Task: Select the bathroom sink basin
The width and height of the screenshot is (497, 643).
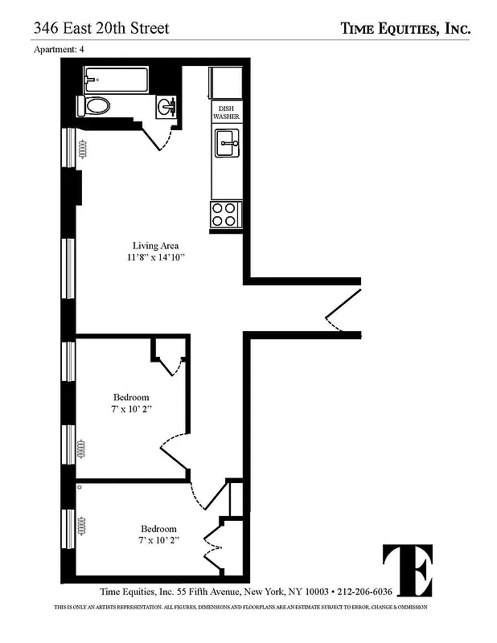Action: (168, 106)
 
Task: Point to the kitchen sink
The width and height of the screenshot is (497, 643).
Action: (227, 147)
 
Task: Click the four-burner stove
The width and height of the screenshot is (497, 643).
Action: (225, 214)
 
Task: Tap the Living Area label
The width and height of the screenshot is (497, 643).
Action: (155, 245)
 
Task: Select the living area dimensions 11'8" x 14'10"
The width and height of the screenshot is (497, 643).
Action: (155, 258)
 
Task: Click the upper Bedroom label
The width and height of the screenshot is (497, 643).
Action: (131, 397)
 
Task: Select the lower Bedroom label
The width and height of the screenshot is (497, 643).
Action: (158, 528)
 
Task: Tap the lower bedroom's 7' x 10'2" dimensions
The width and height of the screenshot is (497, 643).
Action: (158, 540)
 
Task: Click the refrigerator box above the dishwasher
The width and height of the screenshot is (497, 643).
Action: (226, 84)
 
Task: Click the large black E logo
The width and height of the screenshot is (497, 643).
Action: (408, 571)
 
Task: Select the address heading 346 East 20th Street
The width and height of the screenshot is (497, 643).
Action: (101, 29)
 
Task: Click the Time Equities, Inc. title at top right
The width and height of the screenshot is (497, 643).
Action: (405, 29)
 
